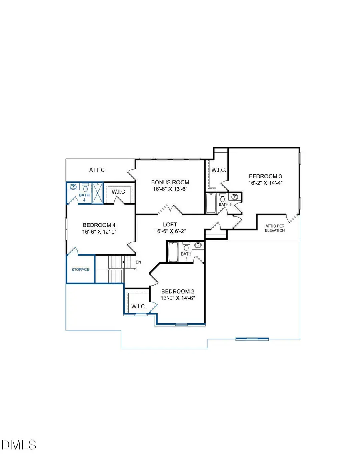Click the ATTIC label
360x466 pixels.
click(97, 170)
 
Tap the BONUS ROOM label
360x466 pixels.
click(170, 182)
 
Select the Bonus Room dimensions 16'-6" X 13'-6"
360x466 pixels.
click(170, 189)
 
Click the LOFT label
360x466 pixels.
click(170, 224)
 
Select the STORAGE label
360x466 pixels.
click(80, 270)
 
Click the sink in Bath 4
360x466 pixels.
click(73, 187)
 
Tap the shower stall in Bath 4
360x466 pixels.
click(97, 193)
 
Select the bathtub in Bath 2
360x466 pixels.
click(173, 252)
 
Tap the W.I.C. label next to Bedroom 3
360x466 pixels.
click(219, 170)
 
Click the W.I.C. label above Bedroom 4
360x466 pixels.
click(119, 191)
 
